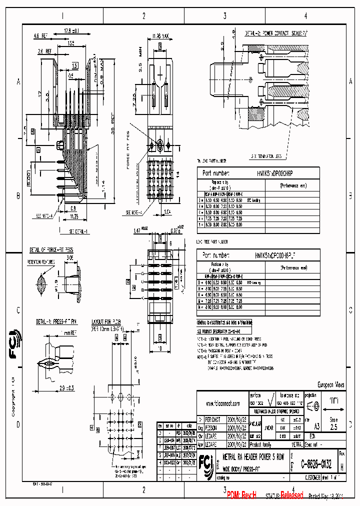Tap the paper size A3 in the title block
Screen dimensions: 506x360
pos(316,427)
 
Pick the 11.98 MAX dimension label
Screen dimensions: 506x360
pos(160,35)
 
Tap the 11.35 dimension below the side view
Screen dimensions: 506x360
pos(74,216)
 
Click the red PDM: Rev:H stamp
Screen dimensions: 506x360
pos(241,494)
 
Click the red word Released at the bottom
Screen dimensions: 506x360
pos(291,494)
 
